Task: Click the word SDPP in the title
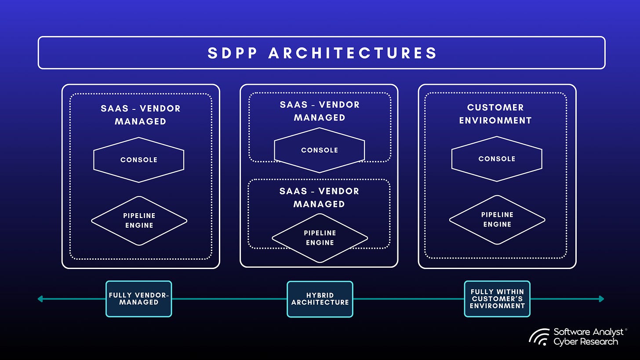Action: point(232,53)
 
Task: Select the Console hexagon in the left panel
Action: point(139,160)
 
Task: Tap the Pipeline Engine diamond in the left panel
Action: point(139,221)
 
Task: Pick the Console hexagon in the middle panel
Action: point(320,150)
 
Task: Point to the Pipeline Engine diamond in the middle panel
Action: point(320,238)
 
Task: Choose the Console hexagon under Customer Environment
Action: point(497,159)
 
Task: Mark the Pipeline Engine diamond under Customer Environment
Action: point(497,220)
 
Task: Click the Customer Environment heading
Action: point(495,114)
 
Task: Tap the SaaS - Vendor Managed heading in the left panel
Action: point(141,115)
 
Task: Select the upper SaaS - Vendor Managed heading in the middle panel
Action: point(320,111)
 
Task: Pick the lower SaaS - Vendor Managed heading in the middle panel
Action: point(319,198)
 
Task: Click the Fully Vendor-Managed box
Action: point(138,299)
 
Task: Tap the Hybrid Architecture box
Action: point(320,299)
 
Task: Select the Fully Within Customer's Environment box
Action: point(497,299)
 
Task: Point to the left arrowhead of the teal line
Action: point(40,299)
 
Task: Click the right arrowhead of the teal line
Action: point(601,299)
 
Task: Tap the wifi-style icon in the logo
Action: point(539,337)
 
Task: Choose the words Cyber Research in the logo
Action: point(585,342)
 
